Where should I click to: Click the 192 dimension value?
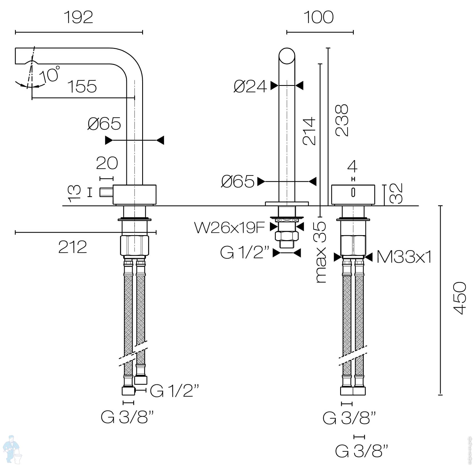point(79,18)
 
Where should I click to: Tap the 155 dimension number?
point(82,86)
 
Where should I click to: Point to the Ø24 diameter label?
point(250,86)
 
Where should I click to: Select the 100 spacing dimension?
point(319,18)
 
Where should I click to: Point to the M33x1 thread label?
point(404,257)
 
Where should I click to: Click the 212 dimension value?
point(72,247)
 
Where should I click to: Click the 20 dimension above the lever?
point(107,163)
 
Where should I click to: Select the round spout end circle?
point(287,56)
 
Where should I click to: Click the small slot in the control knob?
point(353,192)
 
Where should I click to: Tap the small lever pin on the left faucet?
point(106,192)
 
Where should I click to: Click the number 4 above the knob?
point(352,167)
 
